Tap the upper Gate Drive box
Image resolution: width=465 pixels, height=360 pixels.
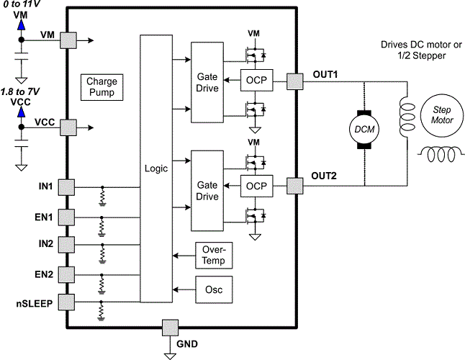(x=207, y=81)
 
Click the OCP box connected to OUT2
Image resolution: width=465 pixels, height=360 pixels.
(x=256, y=186)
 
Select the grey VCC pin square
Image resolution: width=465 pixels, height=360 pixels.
(x=68, y=128)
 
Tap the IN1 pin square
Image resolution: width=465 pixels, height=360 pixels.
(x=67, y=187)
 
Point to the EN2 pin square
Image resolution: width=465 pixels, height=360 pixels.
(x=67, y=274)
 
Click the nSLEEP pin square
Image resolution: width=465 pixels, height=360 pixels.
(x=67, y=302)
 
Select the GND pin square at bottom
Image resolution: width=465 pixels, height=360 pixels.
(x=170, y=328)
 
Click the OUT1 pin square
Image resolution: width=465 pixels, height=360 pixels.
(x=295, y=81)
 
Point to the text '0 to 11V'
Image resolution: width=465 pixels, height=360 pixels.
(x=22, y=4)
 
